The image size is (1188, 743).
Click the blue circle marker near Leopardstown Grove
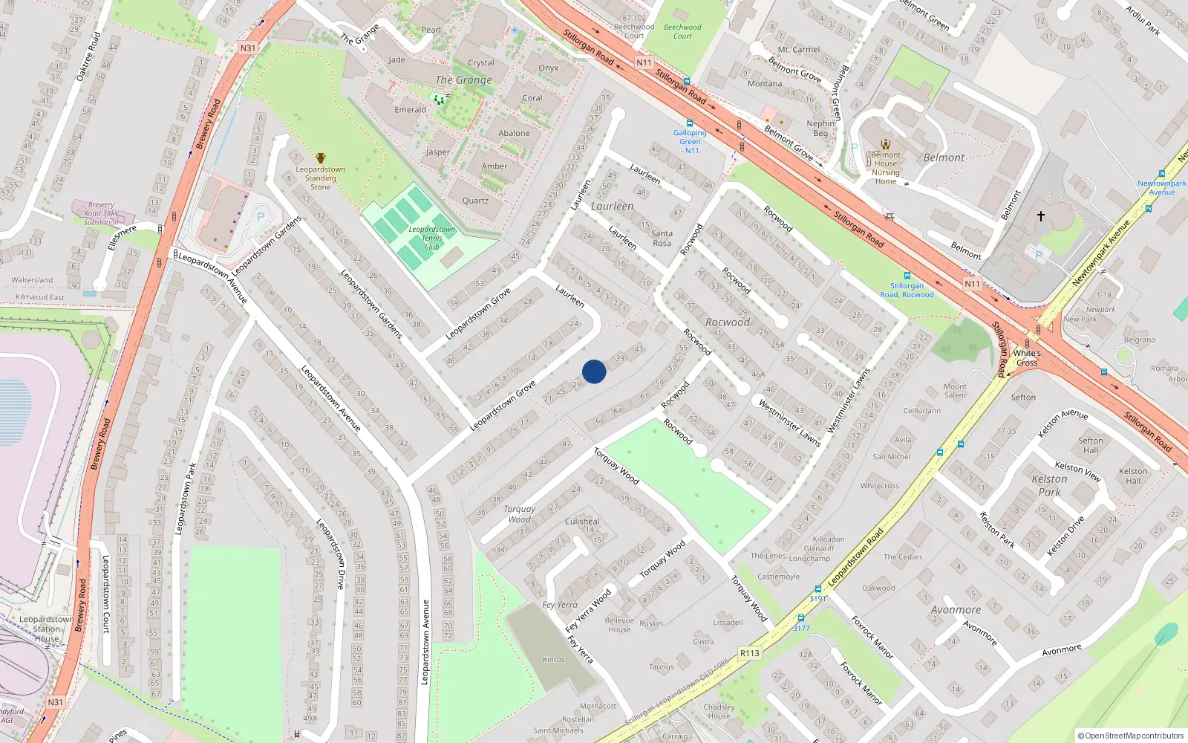(594, 371)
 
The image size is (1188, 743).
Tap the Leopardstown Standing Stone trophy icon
(321, 158)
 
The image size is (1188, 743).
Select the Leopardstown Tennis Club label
(431, 238)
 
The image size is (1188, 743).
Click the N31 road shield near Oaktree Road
(248, 48)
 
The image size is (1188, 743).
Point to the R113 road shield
(750, 654)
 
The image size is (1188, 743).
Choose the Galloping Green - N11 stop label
(690, 141)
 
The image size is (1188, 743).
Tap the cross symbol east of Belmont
(1041, 216)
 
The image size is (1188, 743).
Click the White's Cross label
(1027, 358)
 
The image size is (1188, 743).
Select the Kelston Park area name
(1049, 485)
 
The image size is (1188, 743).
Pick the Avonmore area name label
(956, 610)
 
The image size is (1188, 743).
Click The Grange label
(463, 80)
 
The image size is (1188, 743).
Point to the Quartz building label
(475, 201)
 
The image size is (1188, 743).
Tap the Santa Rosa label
(662, 239)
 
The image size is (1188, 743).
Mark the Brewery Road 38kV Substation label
(101, 213)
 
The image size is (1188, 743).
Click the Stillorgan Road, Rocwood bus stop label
(907, 290)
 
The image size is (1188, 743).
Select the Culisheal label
(582, 522)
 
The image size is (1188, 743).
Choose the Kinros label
(553, 660)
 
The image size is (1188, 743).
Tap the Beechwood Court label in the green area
(682, 32)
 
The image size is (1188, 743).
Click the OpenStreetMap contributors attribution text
(1131, 736)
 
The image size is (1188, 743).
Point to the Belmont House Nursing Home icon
(885, 144)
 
